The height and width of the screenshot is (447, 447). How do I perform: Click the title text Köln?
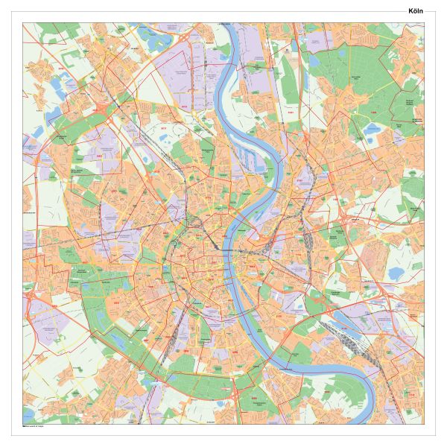[x=415, y=10]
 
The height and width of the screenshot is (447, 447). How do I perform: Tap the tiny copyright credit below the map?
[x=34, y=425]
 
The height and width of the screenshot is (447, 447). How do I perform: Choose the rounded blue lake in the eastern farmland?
[x=396, y=273]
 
